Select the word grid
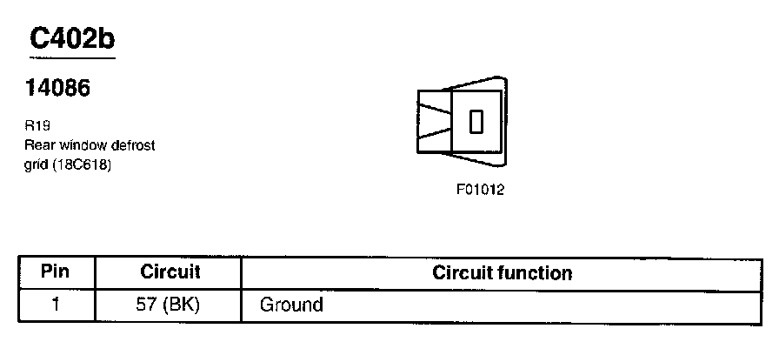(37, 164)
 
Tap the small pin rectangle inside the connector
(476, 122)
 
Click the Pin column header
(55, 272)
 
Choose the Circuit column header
(170, 272)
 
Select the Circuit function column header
(503, 273)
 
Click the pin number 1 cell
(55, 305)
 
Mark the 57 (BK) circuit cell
(170, 305)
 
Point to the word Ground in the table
(291, 305)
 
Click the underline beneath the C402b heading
(72, 58)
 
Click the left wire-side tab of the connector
(433, 121)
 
